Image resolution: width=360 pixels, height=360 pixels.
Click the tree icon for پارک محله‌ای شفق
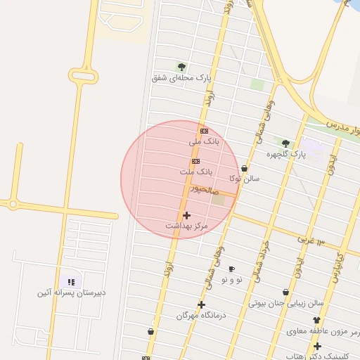182,67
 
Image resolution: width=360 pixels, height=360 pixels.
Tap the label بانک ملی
205,141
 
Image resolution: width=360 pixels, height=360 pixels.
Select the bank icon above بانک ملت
195,161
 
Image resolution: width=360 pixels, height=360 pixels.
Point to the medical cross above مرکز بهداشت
186,215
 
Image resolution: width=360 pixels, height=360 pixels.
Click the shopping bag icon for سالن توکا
244,169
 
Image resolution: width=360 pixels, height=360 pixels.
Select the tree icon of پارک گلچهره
285,143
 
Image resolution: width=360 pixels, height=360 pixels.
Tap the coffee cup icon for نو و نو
231,269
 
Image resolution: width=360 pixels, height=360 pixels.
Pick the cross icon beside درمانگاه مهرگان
202,304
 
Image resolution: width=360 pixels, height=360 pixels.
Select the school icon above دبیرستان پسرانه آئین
70,282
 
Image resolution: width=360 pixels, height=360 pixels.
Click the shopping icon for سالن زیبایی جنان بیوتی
286,292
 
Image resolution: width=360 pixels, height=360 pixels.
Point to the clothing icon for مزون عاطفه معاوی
316,321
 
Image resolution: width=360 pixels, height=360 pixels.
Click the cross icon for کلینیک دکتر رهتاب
318,346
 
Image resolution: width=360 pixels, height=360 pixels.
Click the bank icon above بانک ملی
204,131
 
